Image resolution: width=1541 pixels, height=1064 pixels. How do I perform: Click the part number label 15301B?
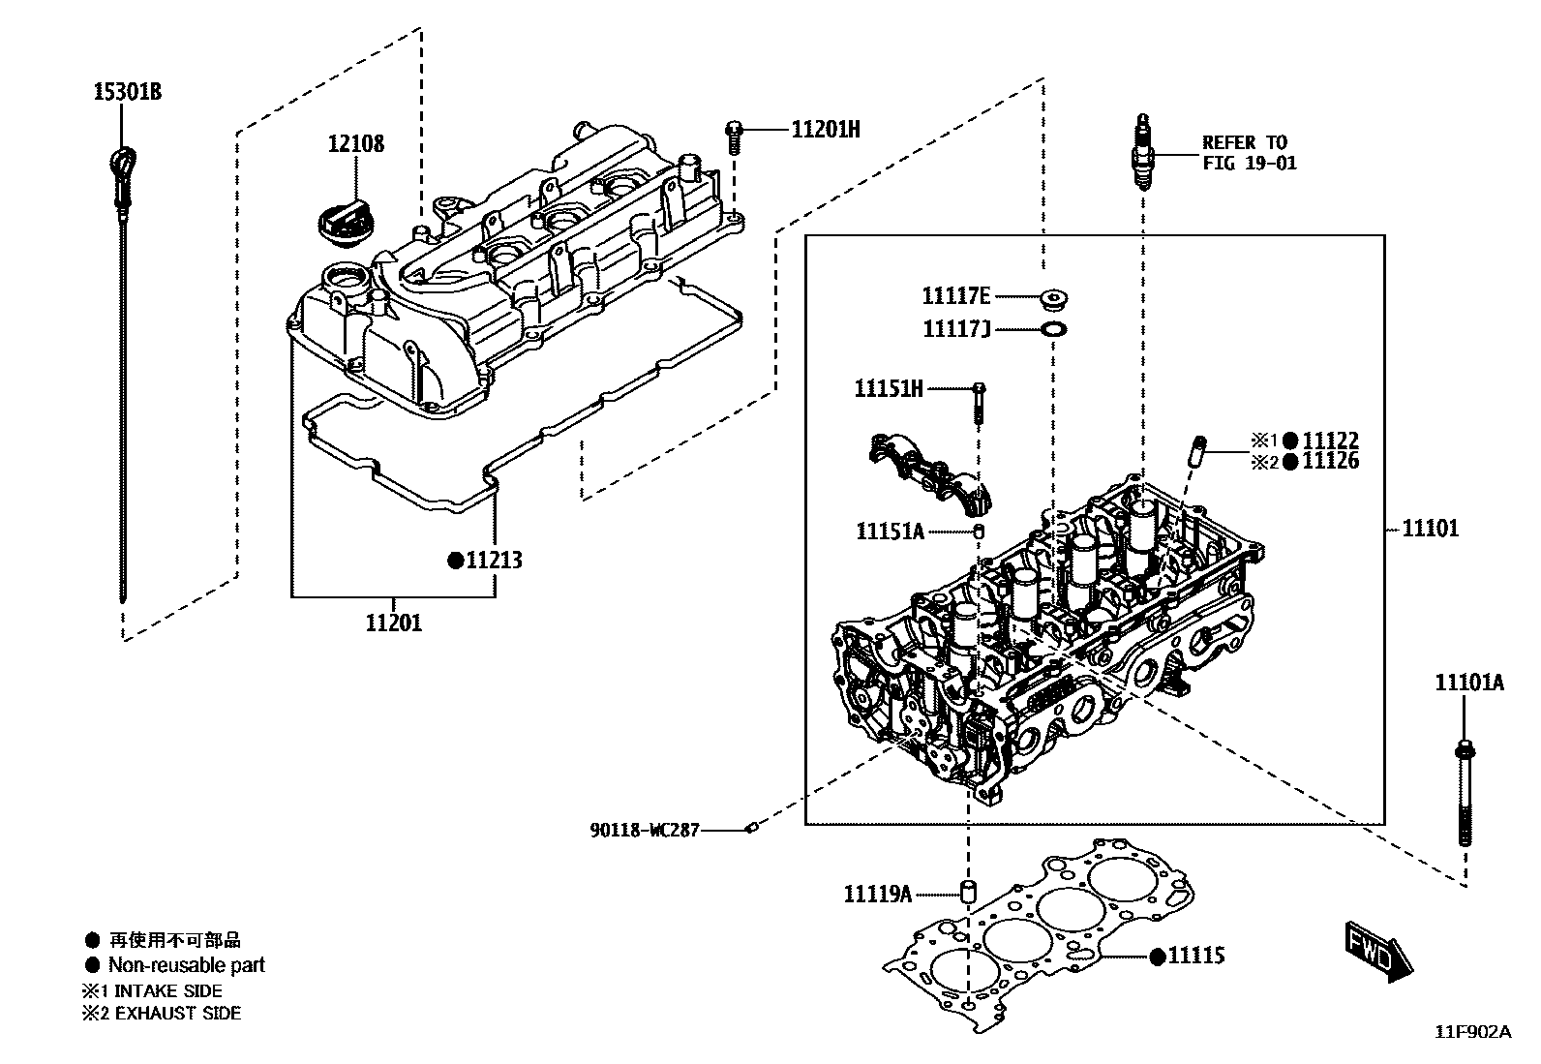(x=127, y=93)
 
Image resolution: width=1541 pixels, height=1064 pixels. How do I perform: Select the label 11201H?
(x=825, y=128)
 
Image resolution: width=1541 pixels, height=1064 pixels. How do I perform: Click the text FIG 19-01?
(x=1249, y=163)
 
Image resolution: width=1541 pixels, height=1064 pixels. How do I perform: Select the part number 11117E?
(x=956, y=296)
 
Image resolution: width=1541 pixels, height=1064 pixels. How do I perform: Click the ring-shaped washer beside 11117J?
(x=1053, y=329)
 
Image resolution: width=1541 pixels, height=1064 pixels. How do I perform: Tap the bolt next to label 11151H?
(x=980, y=401)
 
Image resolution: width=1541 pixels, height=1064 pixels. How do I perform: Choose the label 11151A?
(x=890, y=532)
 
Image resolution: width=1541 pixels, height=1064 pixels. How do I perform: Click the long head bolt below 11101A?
(x=1464, y=794)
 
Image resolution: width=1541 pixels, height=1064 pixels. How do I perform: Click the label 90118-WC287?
(x=645, y=830)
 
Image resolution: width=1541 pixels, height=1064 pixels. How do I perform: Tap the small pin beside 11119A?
(x=966, y=891)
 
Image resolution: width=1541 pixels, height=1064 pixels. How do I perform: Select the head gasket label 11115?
(x=1196, y=956)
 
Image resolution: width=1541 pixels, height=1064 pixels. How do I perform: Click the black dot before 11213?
(x=453, y=561)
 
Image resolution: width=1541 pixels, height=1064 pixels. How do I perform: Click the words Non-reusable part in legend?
(x=186, y=964)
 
